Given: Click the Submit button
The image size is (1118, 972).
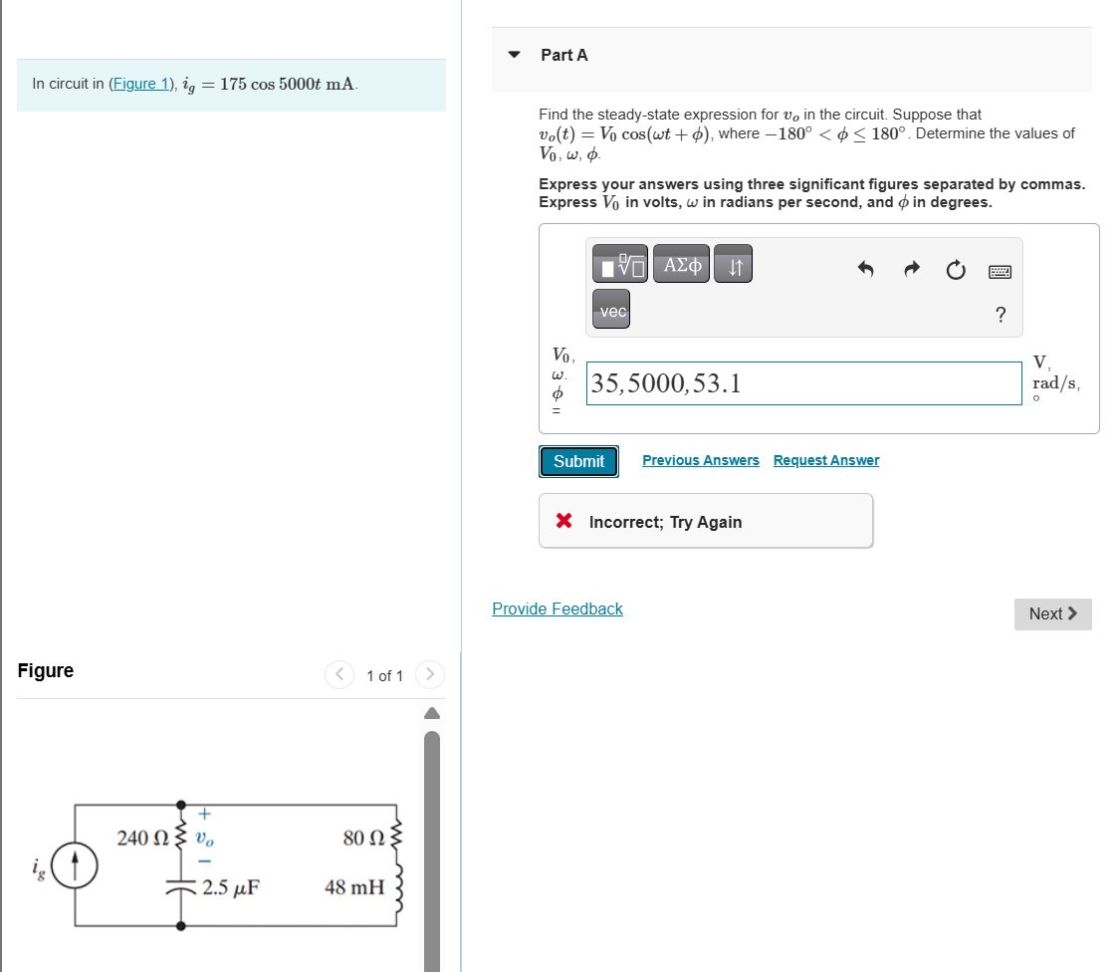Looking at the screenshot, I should [578, 461].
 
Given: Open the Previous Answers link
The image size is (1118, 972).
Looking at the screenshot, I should [700, 460].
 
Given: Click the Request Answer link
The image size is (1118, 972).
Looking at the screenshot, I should [825, 460].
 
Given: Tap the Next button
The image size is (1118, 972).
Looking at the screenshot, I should [1052, 613].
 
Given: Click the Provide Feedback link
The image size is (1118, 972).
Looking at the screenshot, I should [557, 608].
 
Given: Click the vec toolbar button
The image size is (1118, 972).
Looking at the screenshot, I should [611, 312].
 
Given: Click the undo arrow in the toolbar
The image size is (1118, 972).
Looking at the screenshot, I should [865, 269].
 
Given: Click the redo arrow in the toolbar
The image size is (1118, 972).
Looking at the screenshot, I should [911, 269].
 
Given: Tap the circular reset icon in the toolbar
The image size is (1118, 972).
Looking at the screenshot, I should [956, 269].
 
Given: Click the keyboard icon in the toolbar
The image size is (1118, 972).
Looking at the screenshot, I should [1001, 270].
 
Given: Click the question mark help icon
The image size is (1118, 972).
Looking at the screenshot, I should [1001, 316].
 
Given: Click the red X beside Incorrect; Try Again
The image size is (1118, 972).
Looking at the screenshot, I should [563, 521].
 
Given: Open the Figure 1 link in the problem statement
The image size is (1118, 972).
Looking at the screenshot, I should [141, 84].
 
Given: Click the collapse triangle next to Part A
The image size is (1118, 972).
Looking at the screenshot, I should [514, 55].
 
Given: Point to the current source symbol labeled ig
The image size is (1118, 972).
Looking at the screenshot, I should [75, 864].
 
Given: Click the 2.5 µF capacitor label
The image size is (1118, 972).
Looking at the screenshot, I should [231, 887].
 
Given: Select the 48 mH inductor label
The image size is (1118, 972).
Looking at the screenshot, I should [354, 886].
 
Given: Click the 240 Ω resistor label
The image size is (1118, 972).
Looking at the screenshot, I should [144, 838].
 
